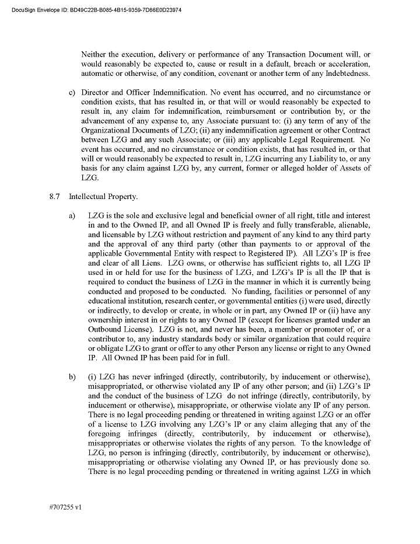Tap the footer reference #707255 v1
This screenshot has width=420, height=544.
click(x=65, y=508)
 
